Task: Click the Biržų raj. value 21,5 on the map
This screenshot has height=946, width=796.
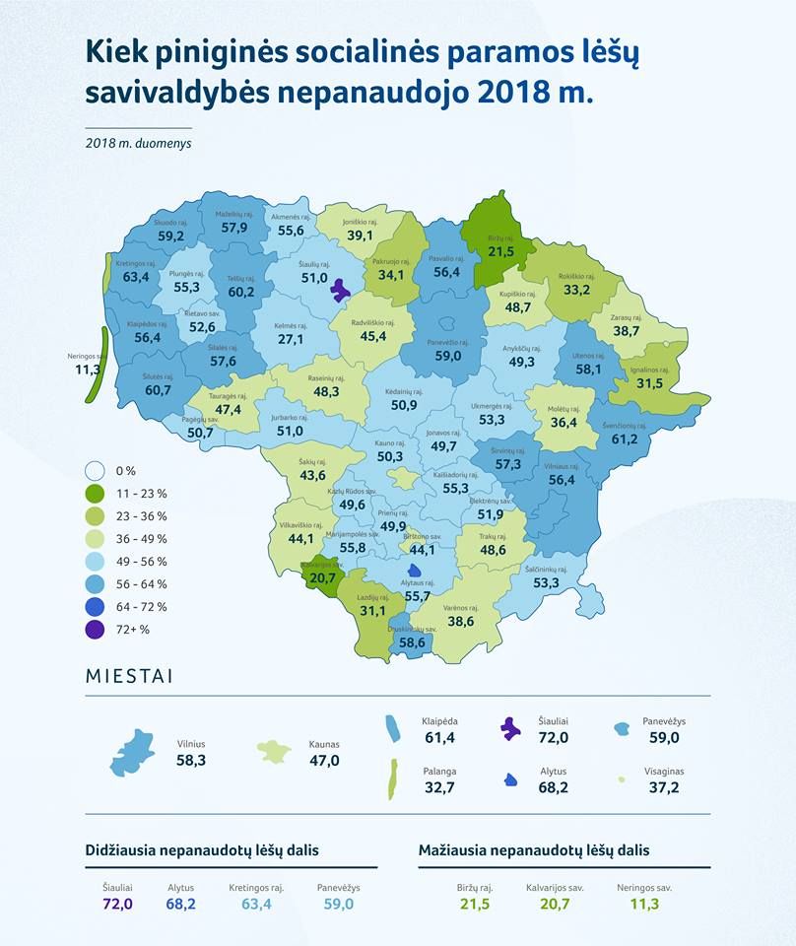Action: point(502,252)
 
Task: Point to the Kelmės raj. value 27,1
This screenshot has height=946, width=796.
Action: point(290,339)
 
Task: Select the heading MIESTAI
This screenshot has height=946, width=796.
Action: point(129,677)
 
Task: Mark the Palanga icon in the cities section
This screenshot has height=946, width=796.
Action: point(393,778)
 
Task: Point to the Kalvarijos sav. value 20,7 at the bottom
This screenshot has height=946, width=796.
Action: point(555,904)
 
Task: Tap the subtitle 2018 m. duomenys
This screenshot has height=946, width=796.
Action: point(138,141)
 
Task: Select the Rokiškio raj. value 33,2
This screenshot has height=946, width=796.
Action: point(575,290)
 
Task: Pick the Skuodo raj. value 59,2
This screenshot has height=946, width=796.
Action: point(170,236)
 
